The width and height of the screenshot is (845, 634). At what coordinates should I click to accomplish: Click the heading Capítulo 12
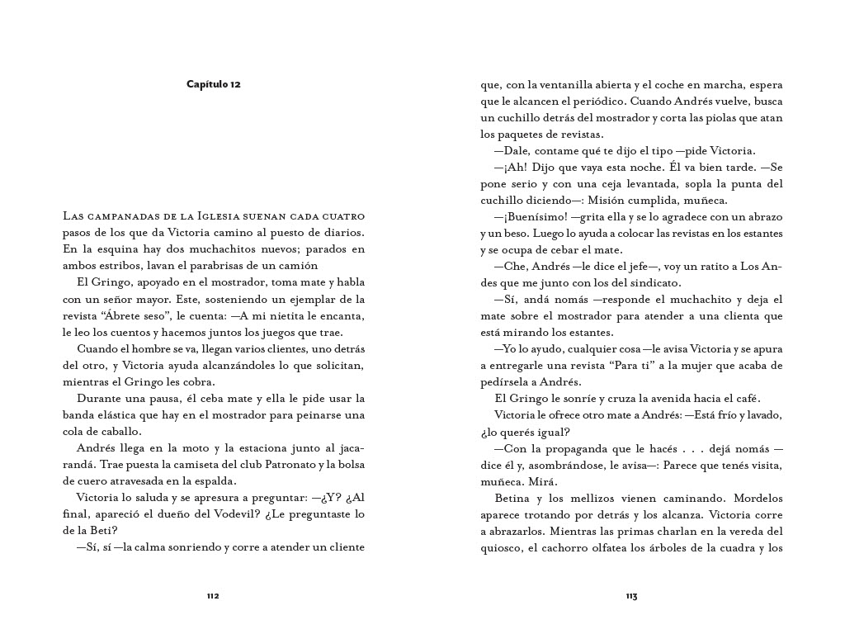click(213, 84)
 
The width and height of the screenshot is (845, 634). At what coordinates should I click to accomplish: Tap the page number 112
click(213, 595)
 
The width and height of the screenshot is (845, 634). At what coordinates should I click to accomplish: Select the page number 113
click(631, 595)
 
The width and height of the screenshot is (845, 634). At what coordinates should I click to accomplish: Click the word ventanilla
click(569, 84)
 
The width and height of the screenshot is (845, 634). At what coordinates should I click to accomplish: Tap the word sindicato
click(652, 282)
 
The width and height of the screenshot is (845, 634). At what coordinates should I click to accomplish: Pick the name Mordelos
click(753, 499)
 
